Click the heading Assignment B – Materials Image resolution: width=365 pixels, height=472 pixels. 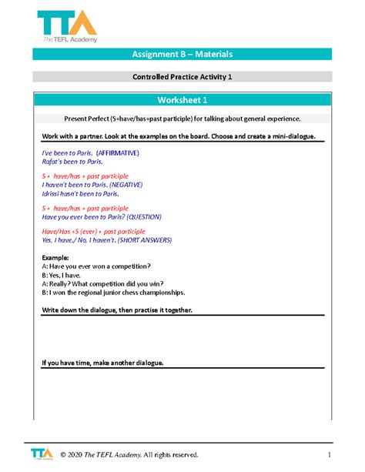tap(182, 54)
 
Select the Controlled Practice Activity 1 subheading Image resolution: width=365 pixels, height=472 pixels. tap(182, 77)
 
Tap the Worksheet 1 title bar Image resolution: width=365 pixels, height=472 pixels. tap(182, 101)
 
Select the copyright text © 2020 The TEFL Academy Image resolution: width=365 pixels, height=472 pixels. tap(123, 454)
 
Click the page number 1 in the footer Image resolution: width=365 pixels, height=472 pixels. tap(329, 454)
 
